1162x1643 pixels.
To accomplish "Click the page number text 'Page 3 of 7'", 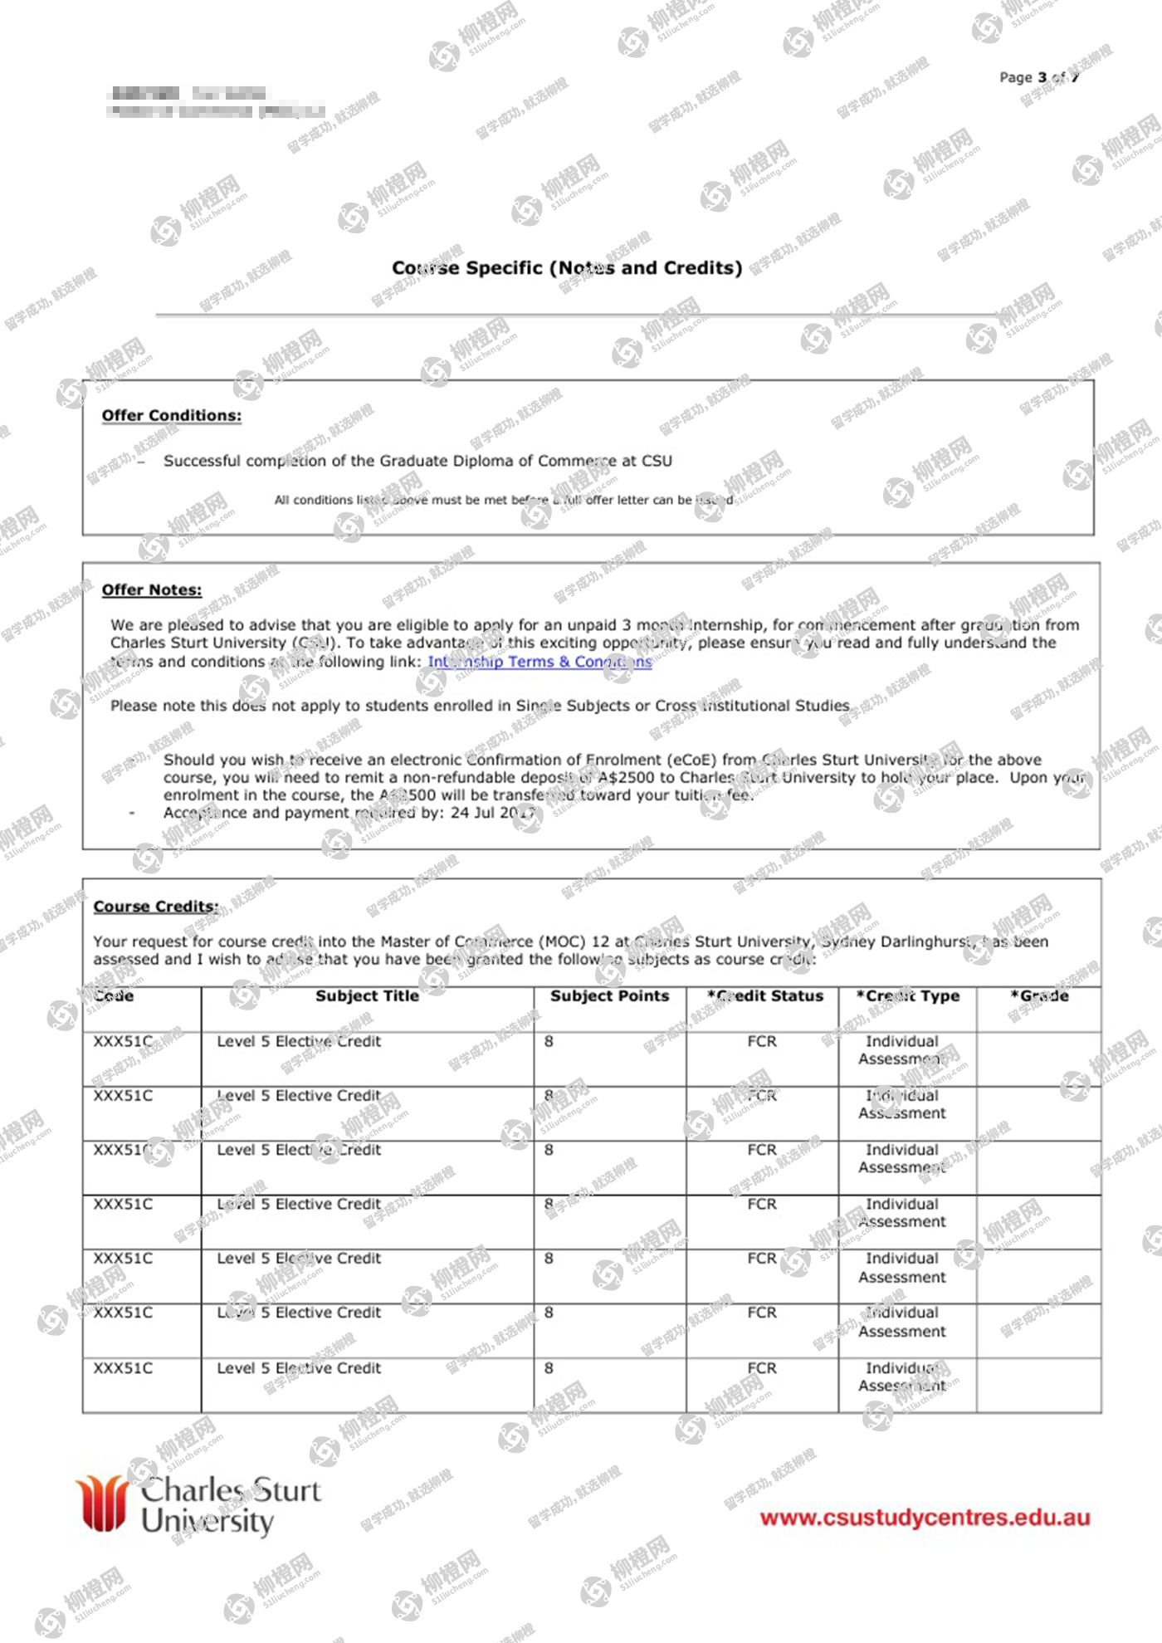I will [1038, 77].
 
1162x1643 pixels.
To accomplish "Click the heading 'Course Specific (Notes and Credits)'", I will [567, 267].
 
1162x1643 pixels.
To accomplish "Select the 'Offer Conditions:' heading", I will [172, 415].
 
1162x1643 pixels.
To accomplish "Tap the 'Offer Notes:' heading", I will [152, 589].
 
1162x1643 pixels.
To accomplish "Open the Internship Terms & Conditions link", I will [539, 662].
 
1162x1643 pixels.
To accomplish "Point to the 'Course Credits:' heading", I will [156, 907].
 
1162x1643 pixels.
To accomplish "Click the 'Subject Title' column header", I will [367, 995].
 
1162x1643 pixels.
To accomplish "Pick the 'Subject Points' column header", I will [609, 995].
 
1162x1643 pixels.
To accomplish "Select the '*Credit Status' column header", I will [764, 995].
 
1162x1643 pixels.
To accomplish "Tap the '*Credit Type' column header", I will [908, 995].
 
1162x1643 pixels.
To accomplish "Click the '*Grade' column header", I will [1039, 995].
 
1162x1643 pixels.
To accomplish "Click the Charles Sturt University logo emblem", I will [102, 1504].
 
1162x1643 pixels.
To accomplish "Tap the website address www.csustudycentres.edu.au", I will [925, 1518].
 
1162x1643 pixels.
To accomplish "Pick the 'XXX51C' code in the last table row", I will [123, 1368].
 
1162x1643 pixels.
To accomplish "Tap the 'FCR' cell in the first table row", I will [761, 1041].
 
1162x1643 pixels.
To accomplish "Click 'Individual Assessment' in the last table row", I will [902, 1377].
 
